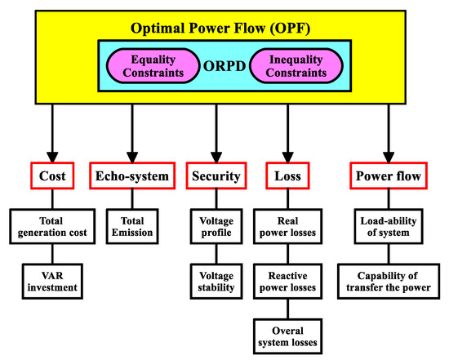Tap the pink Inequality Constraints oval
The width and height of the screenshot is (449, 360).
292,63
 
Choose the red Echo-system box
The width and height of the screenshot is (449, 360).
131,176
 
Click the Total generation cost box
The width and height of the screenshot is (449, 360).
54,226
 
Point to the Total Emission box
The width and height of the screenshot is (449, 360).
131,226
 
